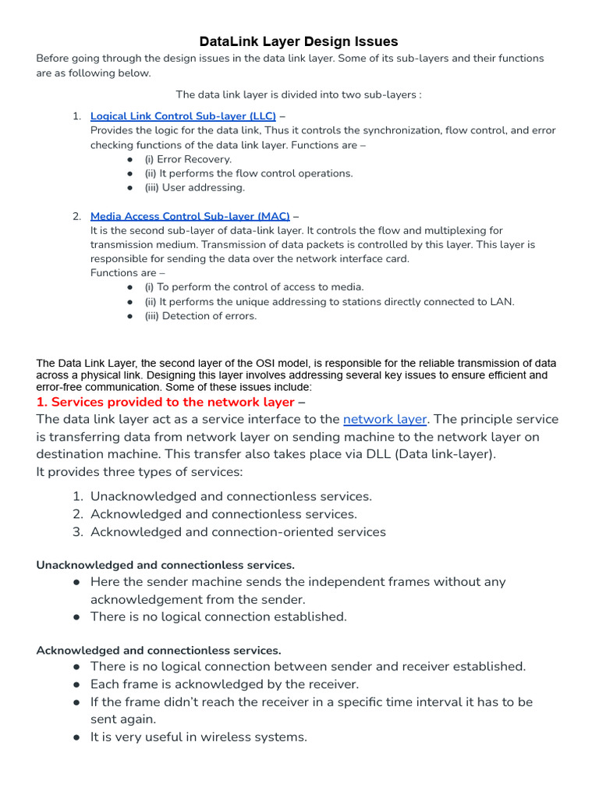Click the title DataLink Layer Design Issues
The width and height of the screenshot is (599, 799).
[299, 41]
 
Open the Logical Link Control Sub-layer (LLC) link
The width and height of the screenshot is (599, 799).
[183, 116]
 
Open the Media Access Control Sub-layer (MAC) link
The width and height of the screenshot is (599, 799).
[190, 216]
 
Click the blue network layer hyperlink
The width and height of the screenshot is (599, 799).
[385, 419]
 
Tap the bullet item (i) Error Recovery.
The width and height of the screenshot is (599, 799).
[188, 159]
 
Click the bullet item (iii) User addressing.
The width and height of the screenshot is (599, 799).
[194, 187]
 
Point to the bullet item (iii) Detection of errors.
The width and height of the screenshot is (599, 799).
[200, 316]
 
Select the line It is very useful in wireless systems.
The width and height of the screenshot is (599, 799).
[199, 737]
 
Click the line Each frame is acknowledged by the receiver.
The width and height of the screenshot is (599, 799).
[225, 684]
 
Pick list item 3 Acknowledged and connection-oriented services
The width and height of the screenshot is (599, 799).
[238, 532]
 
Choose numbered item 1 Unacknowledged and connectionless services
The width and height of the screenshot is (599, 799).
[231, 496]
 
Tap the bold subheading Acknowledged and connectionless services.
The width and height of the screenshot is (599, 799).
[158, 650]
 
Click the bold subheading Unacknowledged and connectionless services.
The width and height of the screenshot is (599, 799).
[165, 565]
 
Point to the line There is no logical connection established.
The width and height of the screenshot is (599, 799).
[218, 616]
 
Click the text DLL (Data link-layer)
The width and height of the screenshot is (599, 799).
[432, 454]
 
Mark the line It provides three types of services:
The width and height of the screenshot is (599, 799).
[140, 472]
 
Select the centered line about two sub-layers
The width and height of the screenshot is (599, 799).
[299, 94]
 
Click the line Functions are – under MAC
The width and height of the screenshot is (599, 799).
[128, 273]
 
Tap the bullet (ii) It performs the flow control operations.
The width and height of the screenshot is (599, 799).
[248, 173]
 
